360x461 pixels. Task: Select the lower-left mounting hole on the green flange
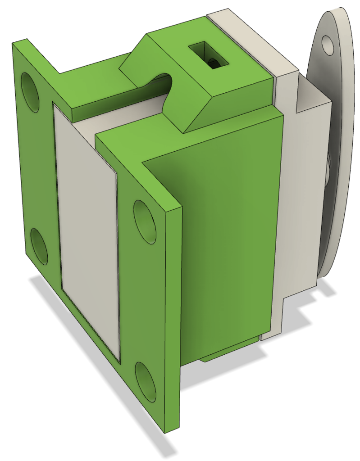(39, 246)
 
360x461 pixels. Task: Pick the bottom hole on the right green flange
(146, 382)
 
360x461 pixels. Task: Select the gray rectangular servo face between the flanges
(88, 230)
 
